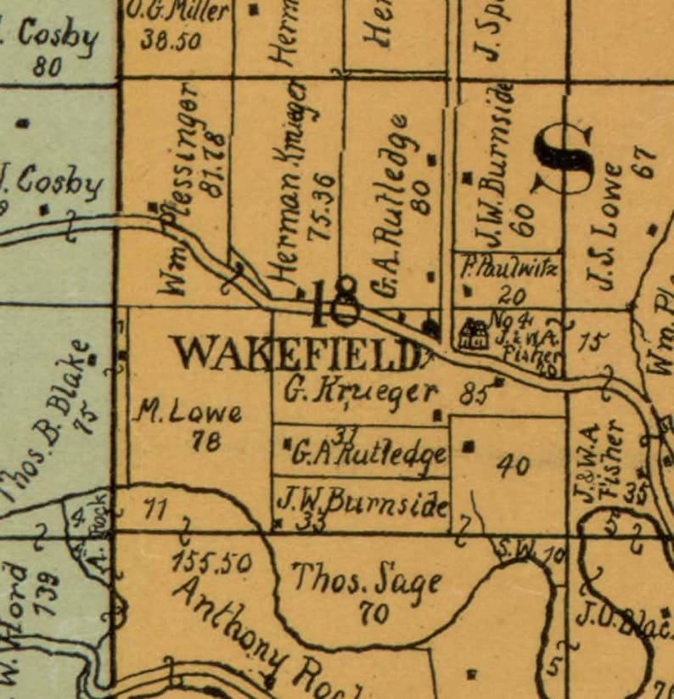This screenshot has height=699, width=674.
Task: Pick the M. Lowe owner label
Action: pos(188,414)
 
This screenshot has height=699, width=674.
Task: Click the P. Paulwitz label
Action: pos(509,270)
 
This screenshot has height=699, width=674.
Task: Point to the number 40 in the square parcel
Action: pos(514,465)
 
